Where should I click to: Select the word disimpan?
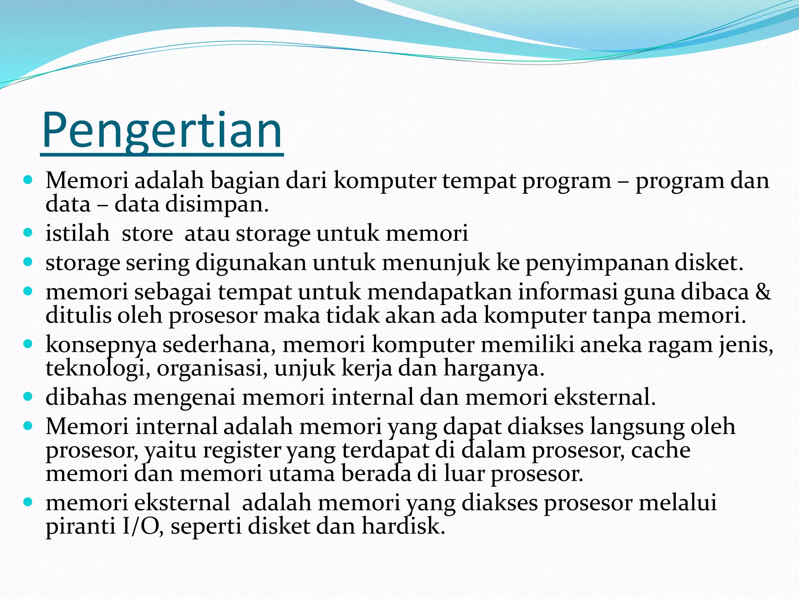point(217,204)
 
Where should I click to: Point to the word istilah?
point(77,233)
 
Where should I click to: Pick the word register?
point(241,450)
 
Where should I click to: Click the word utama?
point(302,474)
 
